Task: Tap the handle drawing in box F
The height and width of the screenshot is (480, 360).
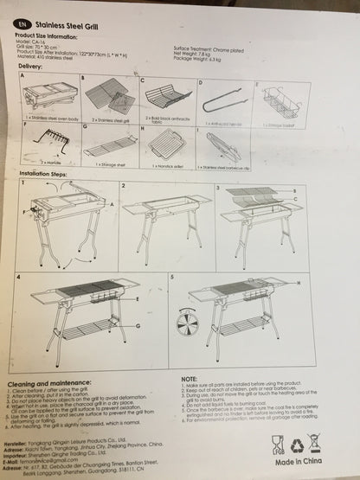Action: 50,138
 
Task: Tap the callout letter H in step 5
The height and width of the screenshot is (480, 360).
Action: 299,284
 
